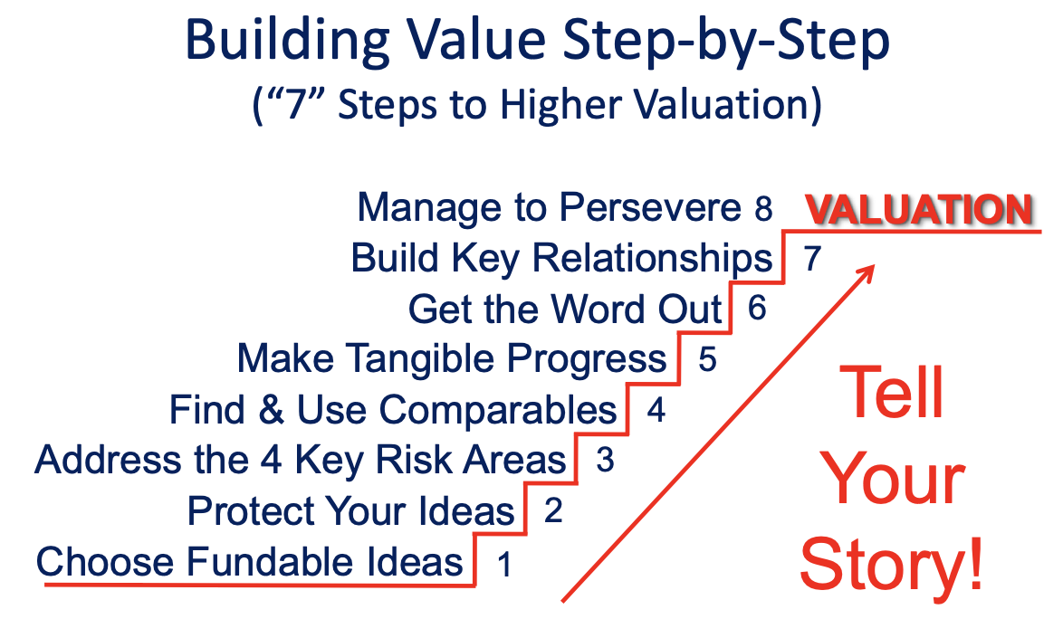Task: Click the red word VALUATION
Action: pyautogui.click(x=919, y=209)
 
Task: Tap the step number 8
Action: pyautogui.click(x=763, y=208)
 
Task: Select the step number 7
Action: pyautogui.click(x=812, y=258)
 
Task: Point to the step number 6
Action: pyautogui.click(x=757, y=309)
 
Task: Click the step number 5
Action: pyautogui.click(x=707, y=359)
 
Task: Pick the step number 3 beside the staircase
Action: pyautogui.click(x=605, y=460)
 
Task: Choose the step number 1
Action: pyautogui.click(x=503, y=564)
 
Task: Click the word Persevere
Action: pyautogui.click(x=650, y=207)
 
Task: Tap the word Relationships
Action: pyautogui.click(x=652, y=260)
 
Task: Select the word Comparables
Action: pyautogui.click(x=498, y=412)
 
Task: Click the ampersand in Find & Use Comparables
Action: pyautogui.click(x=271, y=411)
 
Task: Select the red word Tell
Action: pyautogui.click(x=891, y=392)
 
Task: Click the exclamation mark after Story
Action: pyautogui.click(x=975, y=562)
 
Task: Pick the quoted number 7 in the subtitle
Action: pyautogui.click(x=296, y=106)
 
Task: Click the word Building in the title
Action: pyautogui.click(x=287, y=42)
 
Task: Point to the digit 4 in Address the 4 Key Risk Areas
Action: pyautogui.click(x=271, y=461)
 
